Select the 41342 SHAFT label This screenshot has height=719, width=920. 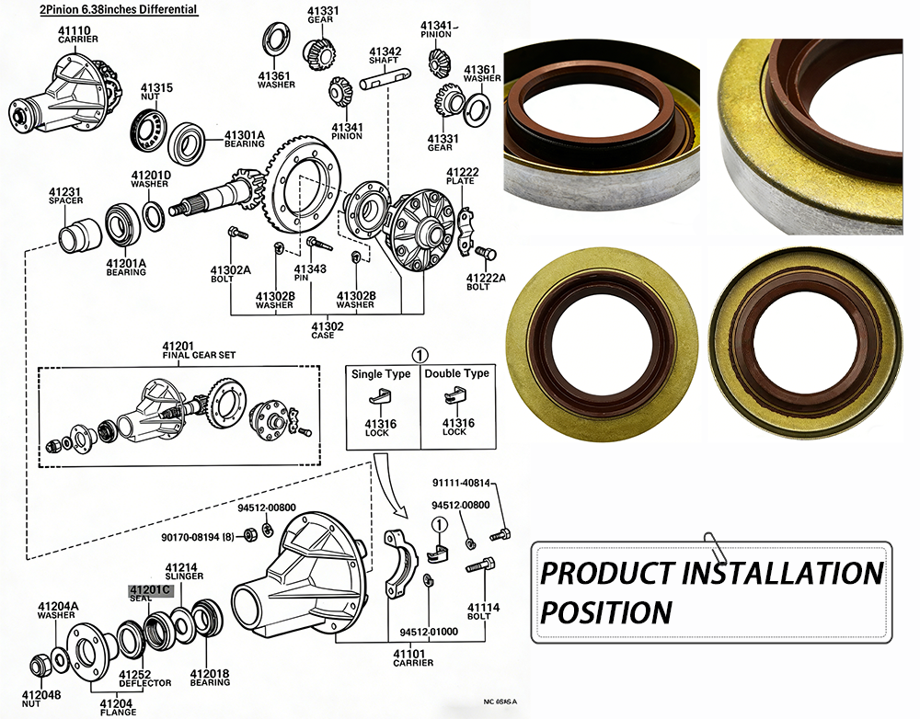click(385, 56)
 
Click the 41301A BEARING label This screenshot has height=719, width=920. click(245, 139)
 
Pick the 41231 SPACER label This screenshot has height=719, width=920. click(65, 196)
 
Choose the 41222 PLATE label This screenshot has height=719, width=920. click(462, 177)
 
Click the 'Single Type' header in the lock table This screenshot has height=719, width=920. click(382, 374)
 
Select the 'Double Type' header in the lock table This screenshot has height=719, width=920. click(456, 374)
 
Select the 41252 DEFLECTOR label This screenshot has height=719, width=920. click(144, 678)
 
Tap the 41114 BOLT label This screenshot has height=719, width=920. click(483, 612)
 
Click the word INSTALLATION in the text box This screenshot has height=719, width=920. click(781, 573)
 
